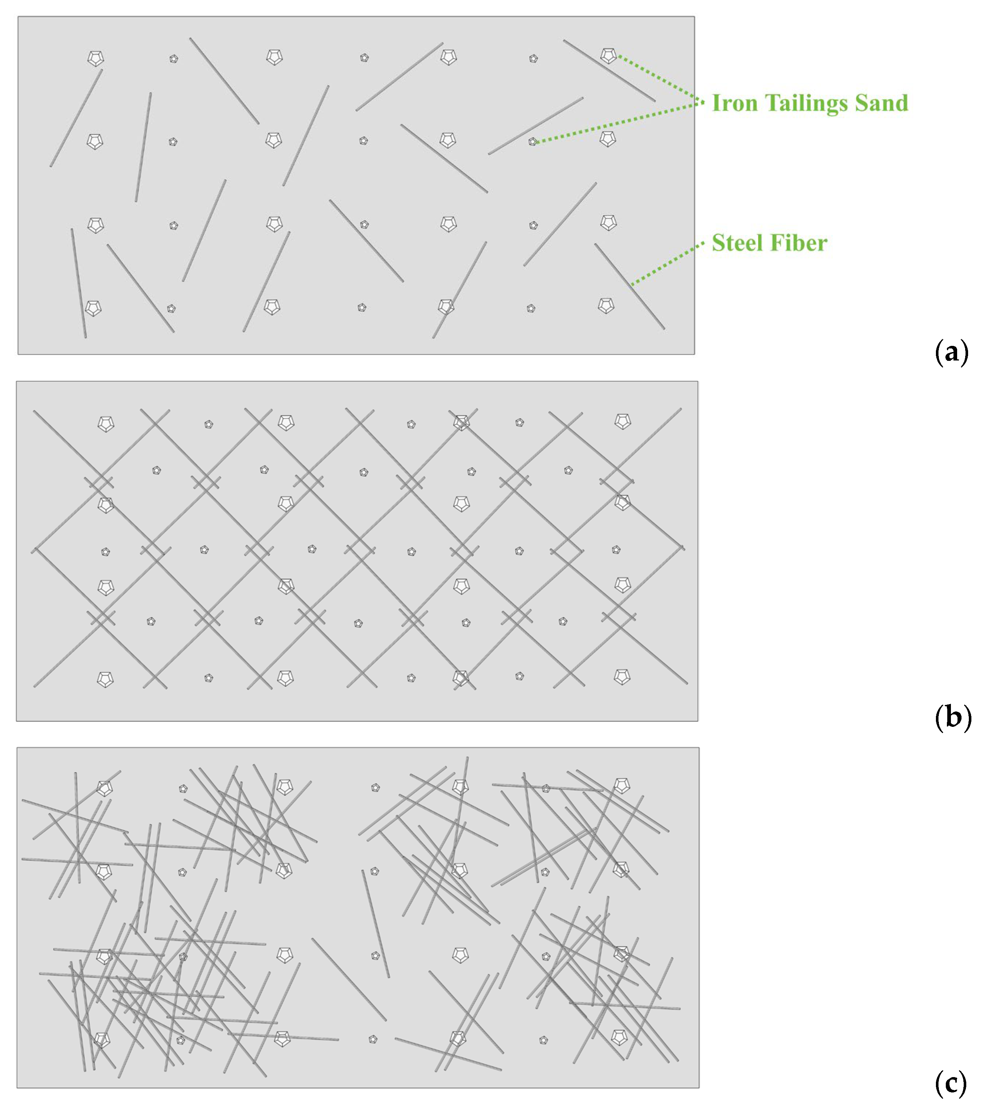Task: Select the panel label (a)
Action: (x=952, y=352)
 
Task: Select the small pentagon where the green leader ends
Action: (x=533, y=142)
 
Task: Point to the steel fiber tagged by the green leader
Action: (x=629, y=286)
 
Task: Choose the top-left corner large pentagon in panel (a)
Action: (x=95, y=58)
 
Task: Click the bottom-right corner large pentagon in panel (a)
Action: (x=606, y=306)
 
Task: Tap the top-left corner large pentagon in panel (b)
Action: (x=106, y=424)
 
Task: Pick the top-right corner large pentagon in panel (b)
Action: (x=622, y=421)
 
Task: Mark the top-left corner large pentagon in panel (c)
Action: (x=104, y=788)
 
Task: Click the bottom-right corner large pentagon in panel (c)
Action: (x=619, y=1037)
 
